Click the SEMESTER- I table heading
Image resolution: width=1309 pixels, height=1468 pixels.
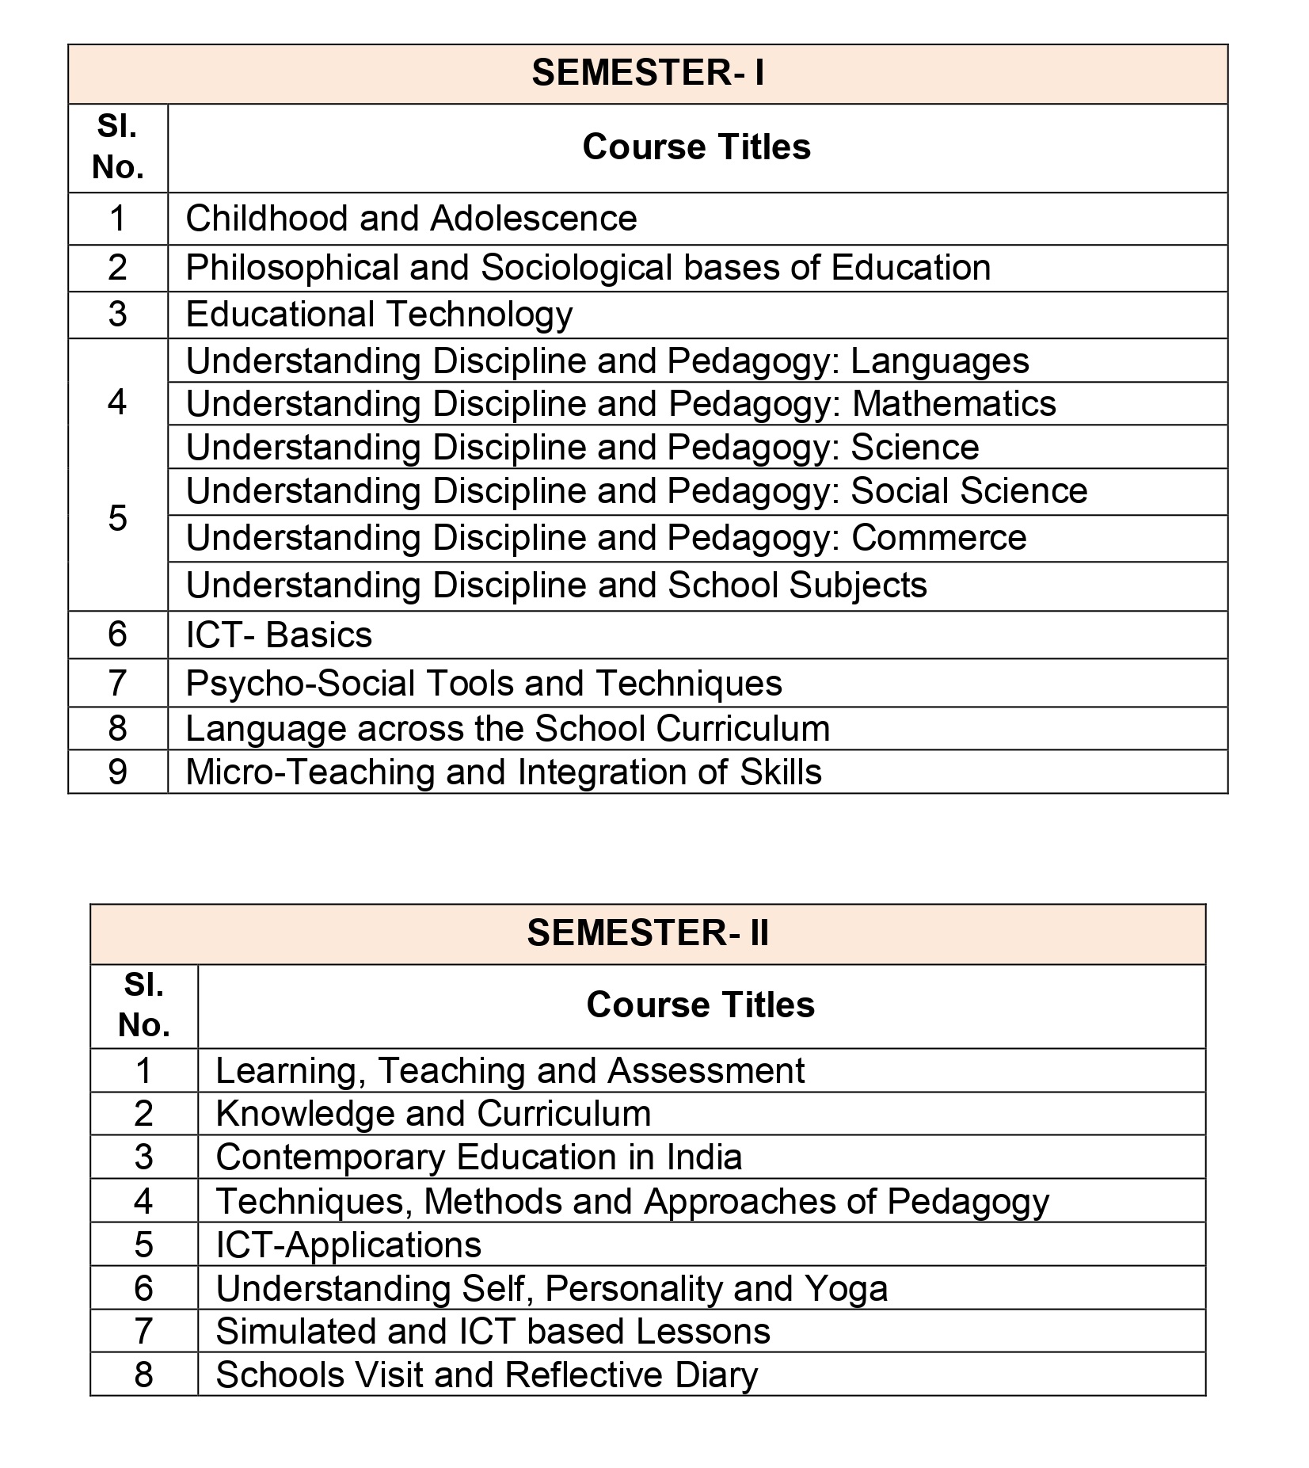pyautogui.click(x=648, y=73)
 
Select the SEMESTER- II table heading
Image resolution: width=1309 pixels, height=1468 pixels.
pyautogui.click(x=648, y=932)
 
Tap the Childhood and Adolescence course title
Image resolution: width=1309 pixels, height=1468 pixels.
pyautogui.click(x=411, y=219)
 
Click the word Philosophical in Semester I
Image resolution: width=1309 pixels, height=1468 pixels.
pyautogui.click(x=292, y=268)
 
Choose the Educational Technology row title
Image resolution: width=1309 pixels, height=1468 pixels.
pyautogui.click(x=379, y=315)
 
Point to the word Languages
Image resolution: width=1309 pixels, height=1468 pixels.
pyautogui.click(x=939, y=361)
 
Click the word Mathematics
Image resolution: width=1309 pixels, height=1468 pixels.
pyautogui.click(x=953, y=404)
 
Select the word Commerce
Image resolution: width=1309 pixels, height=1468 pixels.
pyautogui.click(x=938, y=538)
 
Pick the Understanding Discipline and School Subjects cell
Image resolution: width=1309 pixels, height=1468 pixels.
pyautogui.click(x=556, y=585)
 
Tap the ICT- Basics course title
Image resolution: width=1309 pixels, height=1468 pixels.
pyautogui.click(x=279, y=635)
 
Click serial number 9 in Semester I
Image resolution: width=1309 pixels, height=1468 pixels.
pyautogui.click(x=117, y=772)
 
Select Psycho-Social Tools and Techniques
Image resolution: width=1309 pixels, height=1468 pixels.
pyautogui.click(x=483, y=684)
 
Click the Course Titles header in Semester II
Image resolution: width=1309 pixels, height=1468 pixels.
pyautogui.click(x=700, y=1005)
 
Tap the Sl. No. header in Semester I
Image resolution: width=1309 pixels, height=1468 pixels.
pyautogui.click(x=117, y=147)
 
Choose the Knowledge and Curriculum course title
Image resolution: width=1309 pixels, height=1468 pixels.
pyautogui.click(x=433, y=1114)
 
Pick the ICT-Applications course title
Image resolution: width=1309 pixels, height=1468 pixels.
pyautogui.click(x=348, y=1245)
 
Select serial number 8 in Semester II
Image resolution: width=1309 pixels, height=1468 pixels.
pyautogui.click(x=143, y=1375)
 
